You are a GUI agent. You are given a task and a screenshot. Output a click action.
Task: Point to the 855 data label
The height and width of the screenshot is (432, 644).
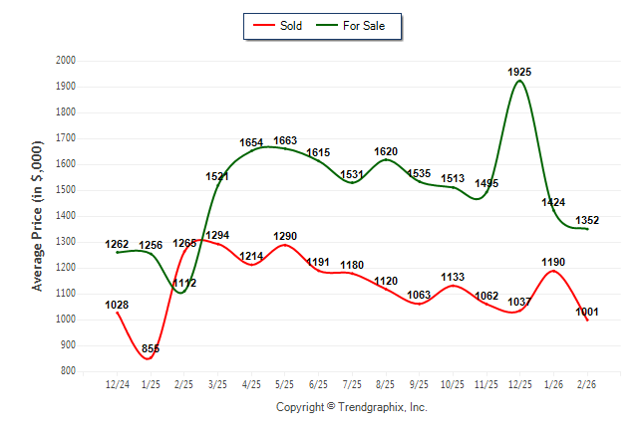[x=152, y=349]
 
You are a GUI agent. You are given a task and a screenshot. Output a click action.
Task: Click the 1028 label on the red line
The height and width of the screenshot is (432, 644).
[x=118, y=305]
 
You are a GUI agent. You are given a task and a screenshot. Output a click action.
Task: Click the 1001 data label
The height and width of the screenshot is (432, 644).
[x=587, y=312]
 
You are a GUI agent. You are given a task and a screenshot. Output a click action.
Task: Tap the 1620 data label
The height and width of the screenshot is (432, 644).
[x=386, y=152]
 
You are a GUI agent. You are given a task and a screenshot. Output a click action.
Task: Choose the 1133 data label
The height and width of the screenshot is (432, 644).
[x=453, y=278]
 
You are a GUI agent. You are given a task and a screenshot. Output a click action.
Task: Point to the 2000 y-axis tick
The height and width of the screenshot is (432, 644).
[x=66, y=61]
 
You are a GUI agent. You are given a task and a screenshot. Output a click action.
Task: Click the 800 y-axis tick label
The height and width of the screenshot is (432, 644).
[x=69, y=371]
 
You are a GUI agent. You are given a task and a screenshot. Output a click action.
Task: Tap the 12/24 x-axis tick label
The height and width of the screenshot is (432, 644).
[x=118, y=384]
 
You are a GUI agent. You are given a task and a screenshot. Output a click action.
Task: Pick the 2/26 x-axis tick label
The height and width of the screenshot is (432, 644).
[x=587, y=384]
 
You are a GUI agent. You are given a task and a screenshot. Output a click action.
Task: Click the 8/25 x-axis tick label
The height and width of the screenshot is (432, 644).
[x=386, y=384]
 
